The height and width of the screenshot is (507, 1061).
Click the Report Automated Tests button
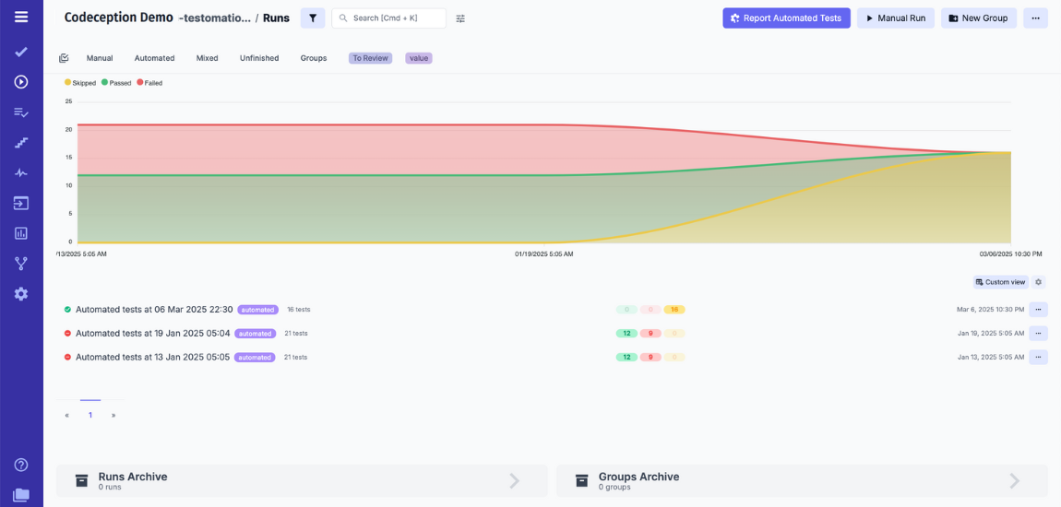coord(786,18)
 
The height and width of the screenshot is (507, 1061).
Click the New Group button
coord(978,18)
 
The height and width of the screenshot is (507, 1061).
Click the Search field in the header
coord(388,18)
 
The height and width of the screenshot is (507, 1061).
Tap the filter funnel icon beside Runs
coord(313,18)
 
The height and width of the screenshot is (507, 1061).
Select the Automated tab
coord(154,58)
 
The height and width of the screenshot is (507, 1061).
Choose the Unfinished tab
coord(259,58)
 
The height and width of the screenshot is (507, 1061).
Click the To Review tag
coord(370,58)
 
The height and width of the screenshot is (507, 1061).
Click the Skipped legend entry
coord(80,83)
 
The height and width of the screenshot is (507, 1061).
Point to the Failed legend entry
coord(149,83)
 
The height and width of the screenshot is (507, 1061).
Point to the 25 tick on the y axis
coord(68,101)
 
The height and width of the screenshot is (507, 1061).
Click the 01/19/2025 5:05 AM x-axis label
coord(543,253)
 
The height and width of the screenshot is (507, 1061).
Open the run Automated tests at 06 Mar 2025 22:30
coord(154,310)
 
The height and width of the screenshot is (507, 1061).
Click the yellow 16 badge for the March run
coord(674,310)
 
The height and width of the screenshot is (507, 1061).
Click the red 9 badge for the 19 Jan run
coord(650,333)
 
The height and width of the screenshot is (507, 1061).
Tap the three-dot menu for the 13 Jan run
coord(1038,357)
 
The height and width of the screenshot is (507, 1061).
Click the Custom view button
coord(1000,282)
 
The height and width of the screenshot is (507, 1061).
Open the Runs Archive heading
coord(133,477)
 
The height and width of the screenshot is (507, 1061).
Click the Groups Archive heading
coord(638,477)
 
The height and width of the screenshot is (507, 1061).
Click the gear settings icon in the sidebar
coord(21,294)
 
